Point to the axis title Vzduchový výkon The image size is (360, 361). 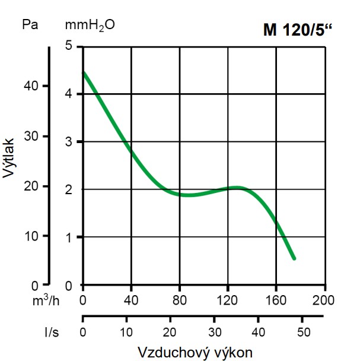(195, 351)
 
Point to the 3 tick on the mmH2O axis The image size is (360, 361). (69, 142)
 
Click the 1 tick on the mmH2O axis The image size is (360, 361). (69, 237)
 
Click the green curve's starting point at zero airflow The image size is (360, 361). (84, 73)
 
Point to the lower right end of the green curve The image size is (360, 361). (294, 258)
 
